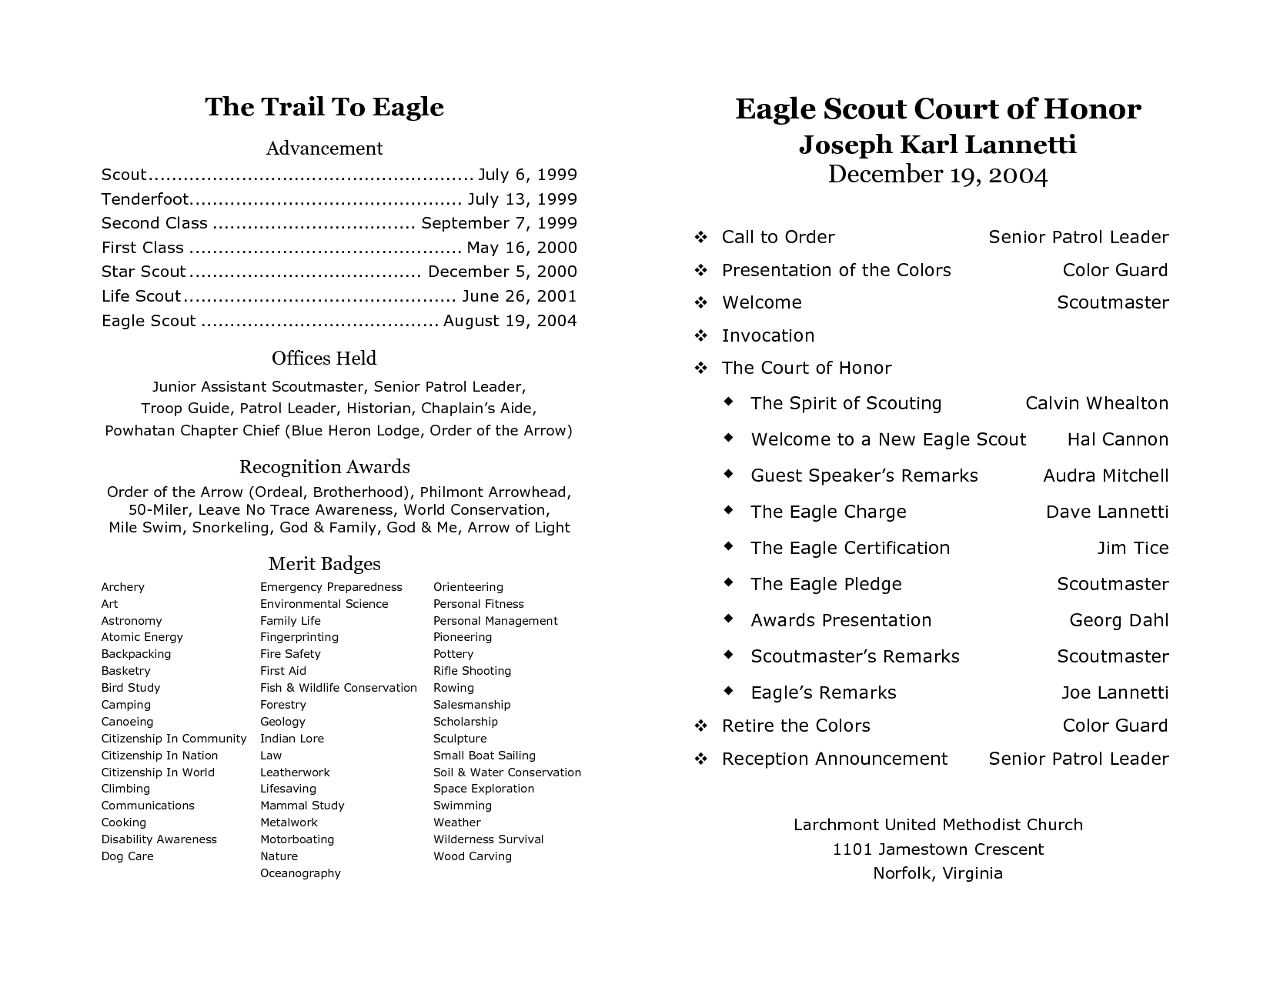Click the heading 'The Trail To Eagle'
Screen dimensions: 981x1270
tap(324, 107)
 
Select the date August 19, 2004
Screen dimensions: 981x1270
tap(510, 321)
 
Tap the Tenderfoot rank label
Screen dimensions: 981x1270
tap(145, 199)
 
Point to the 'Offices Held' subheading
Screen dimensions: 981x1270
tap(324, 359)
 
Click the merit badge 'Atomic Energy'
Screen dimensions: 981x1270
tap(142, 637)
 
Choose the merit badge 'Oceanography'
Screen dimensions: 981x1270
tap(300, 873)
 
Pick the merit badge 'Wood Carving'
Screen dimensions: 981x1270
tap(472, 856)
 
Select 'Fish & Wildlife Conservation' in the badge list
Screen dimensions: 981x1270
tap(338, 688)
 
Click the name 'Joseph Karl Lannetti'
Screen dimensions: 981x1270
tap(937, 145)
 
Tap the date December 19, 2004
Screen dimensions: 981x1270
tap(937, 175)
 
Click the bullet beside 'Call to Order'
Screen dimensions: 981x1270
tap(700, 237)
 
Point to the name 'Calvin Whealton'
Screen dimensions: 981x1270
tap(1096, 403)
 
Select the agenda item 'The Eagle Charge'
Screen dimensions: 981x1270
tap(828, 512)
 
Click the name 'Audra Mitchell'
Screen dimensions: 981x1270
tap(1105, 475)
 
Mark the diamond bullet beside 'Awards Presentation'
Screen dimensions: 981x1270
tap(728, 619)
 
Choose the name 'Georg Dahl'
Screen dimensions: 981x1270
tap(1118, 620)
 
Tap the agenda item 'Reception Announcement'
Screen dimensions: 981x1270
tap(834, 759)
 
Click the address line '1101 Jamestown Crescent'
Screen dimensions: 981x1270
tap(937, 849)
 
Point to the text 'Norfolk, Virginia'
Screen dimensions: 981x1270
tap(937, 873)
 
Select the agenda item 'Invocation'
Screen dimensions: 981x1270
tap(767, 335)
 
